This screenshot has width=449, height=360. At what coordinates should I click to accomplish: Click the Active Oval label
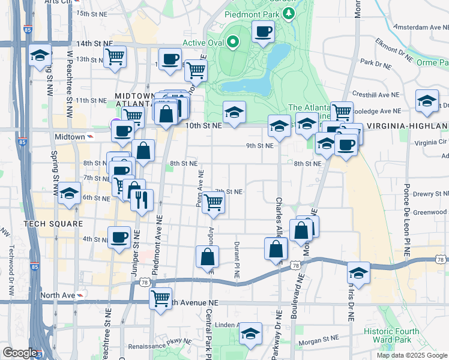(x=203, y=42)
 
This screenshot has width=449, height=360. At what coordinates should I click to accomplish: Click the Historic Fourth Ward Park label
(x=396, y=334)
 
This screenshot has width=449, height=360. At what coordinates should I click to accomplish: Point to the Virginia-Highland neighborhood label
(x=407, y=125)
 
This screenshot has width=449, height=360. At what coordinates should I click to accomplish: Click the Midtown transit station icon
(x=89, y=137)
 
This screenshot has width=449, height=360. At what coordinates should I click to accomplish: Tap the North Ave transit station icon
(x=80, y=295)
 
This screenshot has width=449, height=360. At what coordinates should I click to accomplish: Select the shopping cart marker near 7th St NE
(x=213, y=202)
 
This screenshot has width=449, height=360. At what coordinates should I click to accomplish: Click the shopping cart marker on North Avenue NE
(x=160, y=298)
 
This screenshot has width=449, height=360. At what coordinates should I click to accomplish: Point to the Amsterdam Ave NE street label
(x=420, y=27)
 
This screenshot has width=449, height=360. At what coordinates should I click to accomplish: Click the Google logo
(x=20, y=353)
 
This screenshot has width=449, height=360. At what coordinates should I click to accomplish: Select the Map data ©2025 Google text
(x=411, y=355)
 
